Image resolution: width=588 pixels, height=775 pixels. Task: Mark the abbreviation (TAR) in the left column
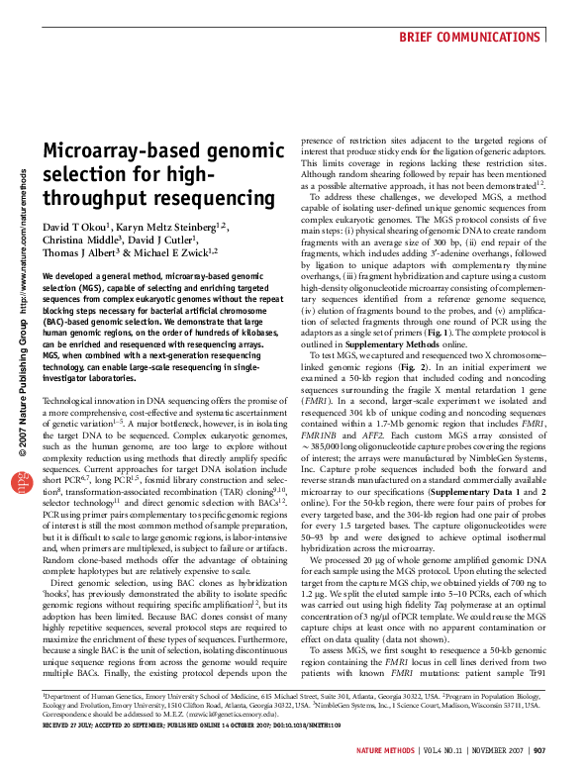[x=210, y=543]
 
